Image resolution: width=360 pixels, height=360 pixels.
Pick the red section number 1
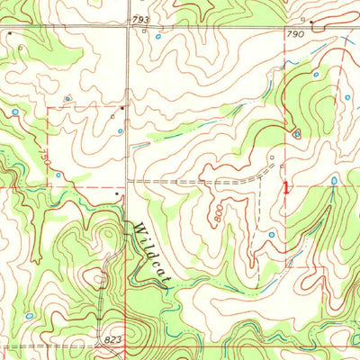(287, 188)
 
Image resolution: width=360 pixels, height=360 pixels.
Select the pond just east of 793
(158, 38)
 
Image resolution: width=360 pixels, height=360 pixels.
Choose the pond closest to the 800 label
(271, 234)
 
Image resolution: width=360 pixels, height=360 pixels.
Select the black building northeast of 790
(311, 20)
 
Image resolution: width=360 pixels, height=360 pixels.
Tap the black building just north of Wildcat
(118, 192)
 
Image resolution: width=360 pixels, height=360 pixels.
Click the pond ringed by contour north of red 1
(296, 134)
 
